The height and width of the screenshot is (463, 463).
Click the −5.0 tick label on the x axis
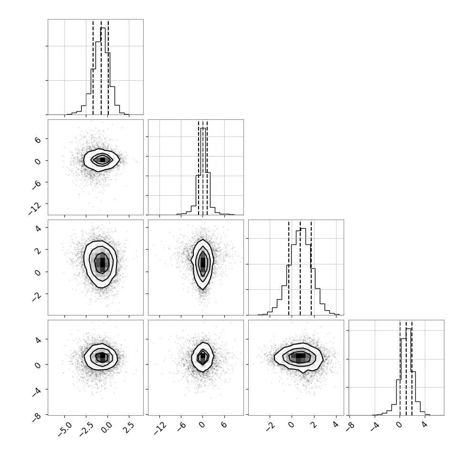[65, 429]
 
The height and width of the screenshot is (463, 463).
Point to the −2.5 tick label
[86, 429]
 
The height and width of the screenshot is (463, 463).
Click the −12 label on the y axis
[35, 209]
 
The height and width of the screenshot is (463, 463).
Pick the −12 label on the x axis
[160, 429]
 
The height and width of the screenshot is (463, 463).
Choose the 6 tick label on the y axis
[38, 139]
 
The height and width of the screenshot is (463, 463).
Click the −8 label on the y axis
[37, 416]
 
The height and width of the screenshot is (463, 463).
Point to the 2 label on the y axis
[38, 250]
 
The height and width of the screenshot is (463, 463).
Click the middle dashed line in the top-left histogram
[101, 67]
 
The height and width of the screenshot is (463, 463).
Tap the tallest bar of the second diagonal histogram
[203, 171]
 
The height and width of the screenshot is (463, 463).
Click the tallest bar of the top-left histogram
[103, 71]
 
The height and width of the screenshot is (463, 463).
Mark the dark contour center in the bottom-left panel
[102, 357]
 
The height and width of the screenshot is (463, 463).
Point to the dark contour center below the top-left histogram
[102, 160]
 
